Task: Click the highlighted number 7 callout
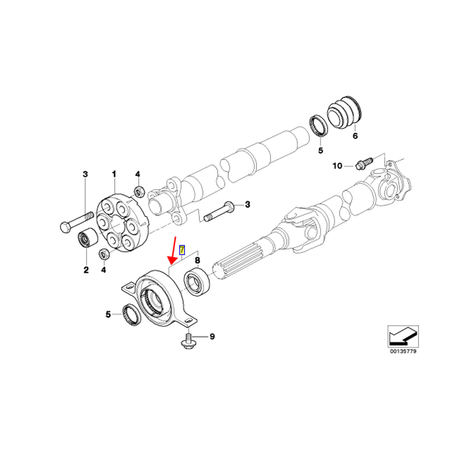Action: tap(182, 250)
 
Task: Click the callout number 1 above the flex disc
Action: tap(114, 174)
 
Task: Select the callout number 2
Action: tap(86, 270)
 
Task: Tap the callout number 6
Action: tap(355, 136)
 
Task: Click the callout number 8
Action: tap(198, 260)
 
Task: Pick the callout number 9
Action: tap(212, 337)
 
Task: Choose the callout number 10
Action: tap(337, 166)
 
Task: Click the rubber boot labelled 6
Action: tap(345, 111)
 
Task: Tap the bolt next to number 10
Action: tap(364, 163)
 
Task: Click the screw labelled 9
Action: tap(188, 341)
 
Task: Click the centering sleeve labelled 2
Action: tap(88, 238)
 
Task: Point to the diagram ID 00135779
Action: tap(403, 352)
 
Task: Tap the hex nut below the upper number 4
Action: tap(139, 191)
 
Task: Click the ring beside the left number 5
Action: tap(131, 314)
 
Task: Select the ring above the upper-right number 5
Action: tap(319, 126)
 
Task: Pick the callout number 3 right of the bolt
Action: tap(248, 204)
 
